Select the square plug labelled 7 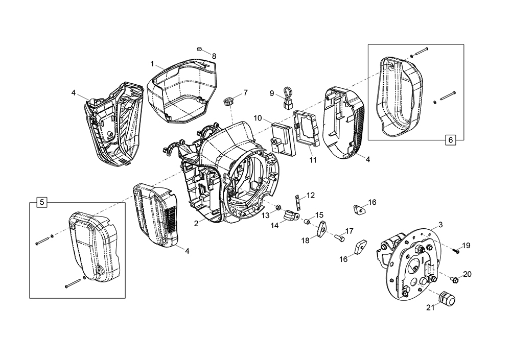coord(228,98)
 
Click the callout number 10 coord(258,118)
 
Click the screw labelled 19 coord(453,250)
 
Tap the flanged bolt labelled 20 coord(454,279)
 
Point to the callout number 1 coord(152,63)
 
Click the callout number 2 coord(196,223)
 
